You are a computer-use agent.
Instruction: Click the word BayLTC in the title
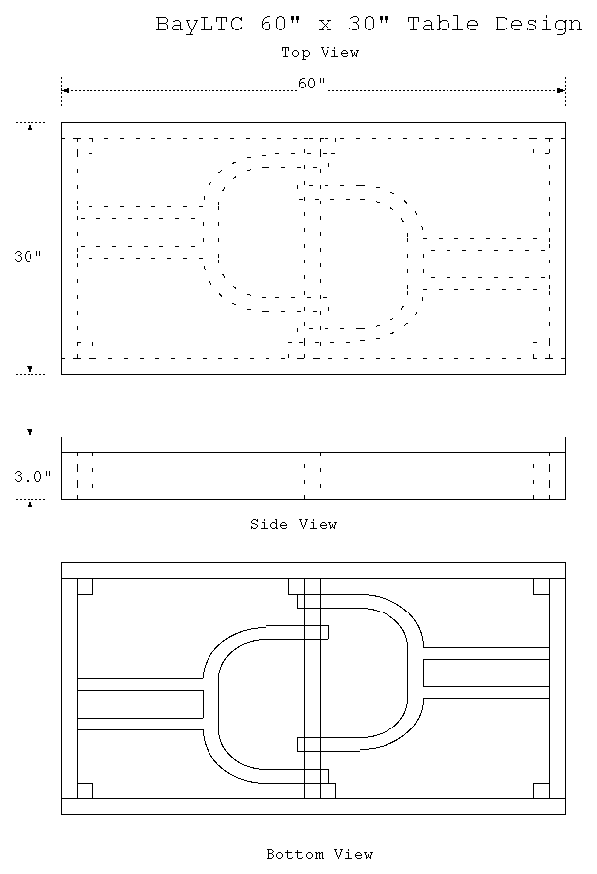coord(199,25)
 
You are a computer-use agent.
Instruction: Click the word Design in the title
coord(538,25)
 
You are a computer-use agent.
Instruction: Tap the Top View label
coord(320,53)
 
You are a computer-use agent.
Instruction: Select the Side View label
coord(294,524)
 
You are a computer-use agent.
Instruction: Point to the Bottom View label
coord(320,854)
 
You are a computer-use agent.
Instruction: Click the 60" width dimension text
coord(312,83)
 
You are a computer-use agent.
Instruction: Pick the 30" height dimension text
coord(28,256)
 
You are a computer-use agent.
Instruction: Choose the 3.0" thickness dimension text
coord(32,477)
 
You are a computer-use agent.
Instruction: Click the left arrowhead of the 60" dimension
coord(65,90)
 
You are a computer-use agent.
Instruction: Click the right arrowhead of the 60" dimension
coord(562,90)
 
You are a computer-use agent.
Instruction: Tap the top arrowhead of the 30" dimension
coord(30,126)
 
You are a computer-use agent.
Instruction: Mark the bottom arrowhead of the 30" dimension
coord(30,370)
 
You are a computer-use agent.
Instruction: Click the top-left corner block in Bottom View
coord(85,586)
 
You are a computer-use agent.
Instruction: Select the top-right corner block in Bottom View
coord(541,586)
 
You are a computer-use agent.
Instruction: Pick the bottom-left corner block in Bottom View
coord(85,791)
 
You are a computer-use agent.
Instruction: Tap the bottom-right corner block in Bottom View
coord(541,791)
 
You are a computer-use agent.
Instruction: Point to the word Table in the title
coord(444,24)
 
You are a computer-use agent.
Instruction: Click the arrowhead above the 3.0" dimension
coord(30,433)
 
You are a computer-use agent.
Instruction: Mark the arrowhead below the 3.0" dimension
coord(30,504)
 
